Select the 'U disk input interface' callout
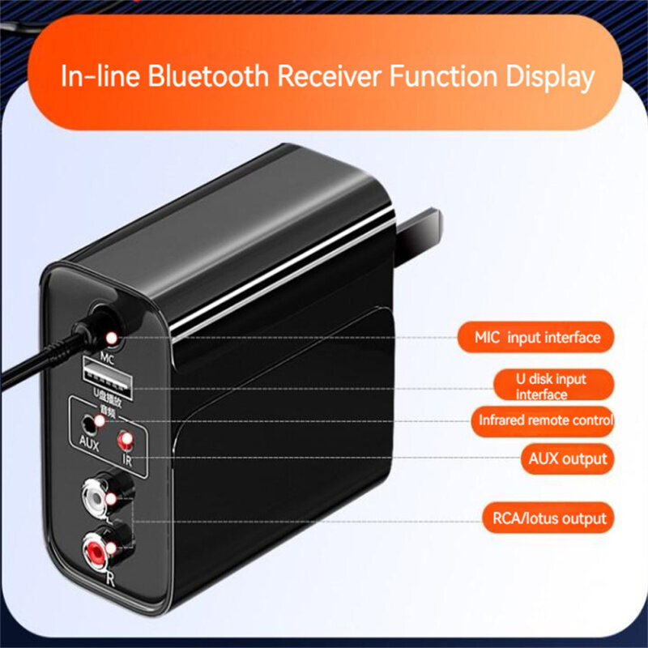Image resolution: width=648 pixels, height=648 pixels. (552, 386)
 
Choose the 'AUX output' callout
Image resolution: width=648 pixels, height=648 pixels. (567, 458)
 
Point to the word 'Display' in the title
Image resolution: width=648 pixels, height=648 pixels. (551, 77)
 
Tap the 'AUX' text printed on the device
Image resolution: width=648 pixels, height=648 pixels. (88, 443)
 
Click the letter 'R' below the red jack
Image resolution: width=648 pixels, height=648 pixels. (111, 578)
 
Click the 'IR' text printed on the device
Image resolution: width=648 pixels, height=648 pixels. (127, 460)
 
